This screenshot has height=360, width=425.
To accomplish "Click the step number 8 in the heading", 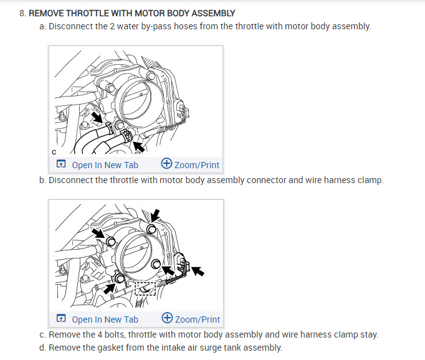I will (x=22, y=13).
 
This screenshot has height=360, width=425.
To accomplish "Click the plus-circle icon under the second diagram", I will (x=167, y=319).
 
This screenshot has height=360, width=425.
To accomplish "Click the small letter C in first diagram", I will (x=54, y=151).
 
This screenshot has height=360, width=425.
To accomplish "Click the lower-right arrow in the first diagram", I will (x=139, y=146).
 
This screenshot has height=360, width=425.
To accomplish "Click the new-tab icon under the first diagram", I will (x=61, y=165).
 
